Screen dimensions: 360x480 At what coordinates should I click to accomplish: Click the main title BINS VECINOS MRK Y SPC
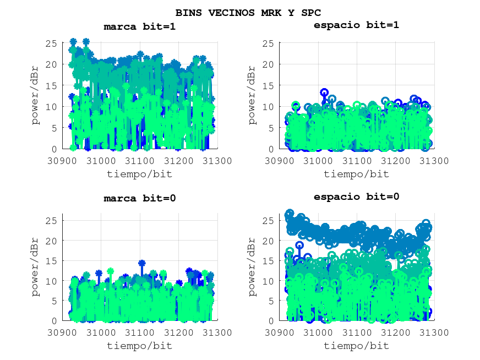[248, 12]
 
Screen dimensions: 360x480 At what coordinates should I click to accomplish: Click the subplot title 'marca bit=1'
[140, 26]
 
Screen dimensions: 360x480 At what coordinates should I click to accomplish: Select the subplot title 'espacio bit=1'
[356, 25]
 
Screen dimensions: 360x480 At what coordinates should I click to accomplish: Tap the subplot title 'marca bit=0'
[140, 198]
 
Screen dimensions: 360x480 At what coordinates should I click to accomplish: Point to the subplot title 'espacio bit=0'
[356, 197]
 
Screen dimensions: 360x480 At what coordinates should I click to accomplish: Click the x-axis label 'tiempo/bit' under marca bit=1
[140, 174]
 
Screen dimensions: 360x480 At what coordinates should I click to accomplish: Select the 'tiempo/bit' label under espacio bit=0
[356, 346]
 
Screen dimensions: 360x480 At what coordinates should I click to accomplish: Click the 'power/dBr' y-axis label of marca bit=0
[36, 267]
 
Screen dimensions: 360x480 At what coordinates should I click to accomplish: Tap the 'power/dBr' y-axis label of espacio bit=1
[252, 95]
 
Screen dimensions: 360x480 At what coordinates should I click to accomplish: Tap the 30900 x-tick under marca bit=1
[62, 161]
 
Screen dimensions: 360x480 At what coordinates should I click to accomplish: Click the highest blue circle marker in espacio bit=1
[324, 92]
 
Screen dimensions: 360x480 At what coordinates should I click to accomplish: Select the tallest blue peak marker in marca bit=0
[141, 263]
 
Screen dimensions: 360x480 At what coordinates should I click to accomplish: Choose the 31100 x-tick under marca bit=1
[140, 161]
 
